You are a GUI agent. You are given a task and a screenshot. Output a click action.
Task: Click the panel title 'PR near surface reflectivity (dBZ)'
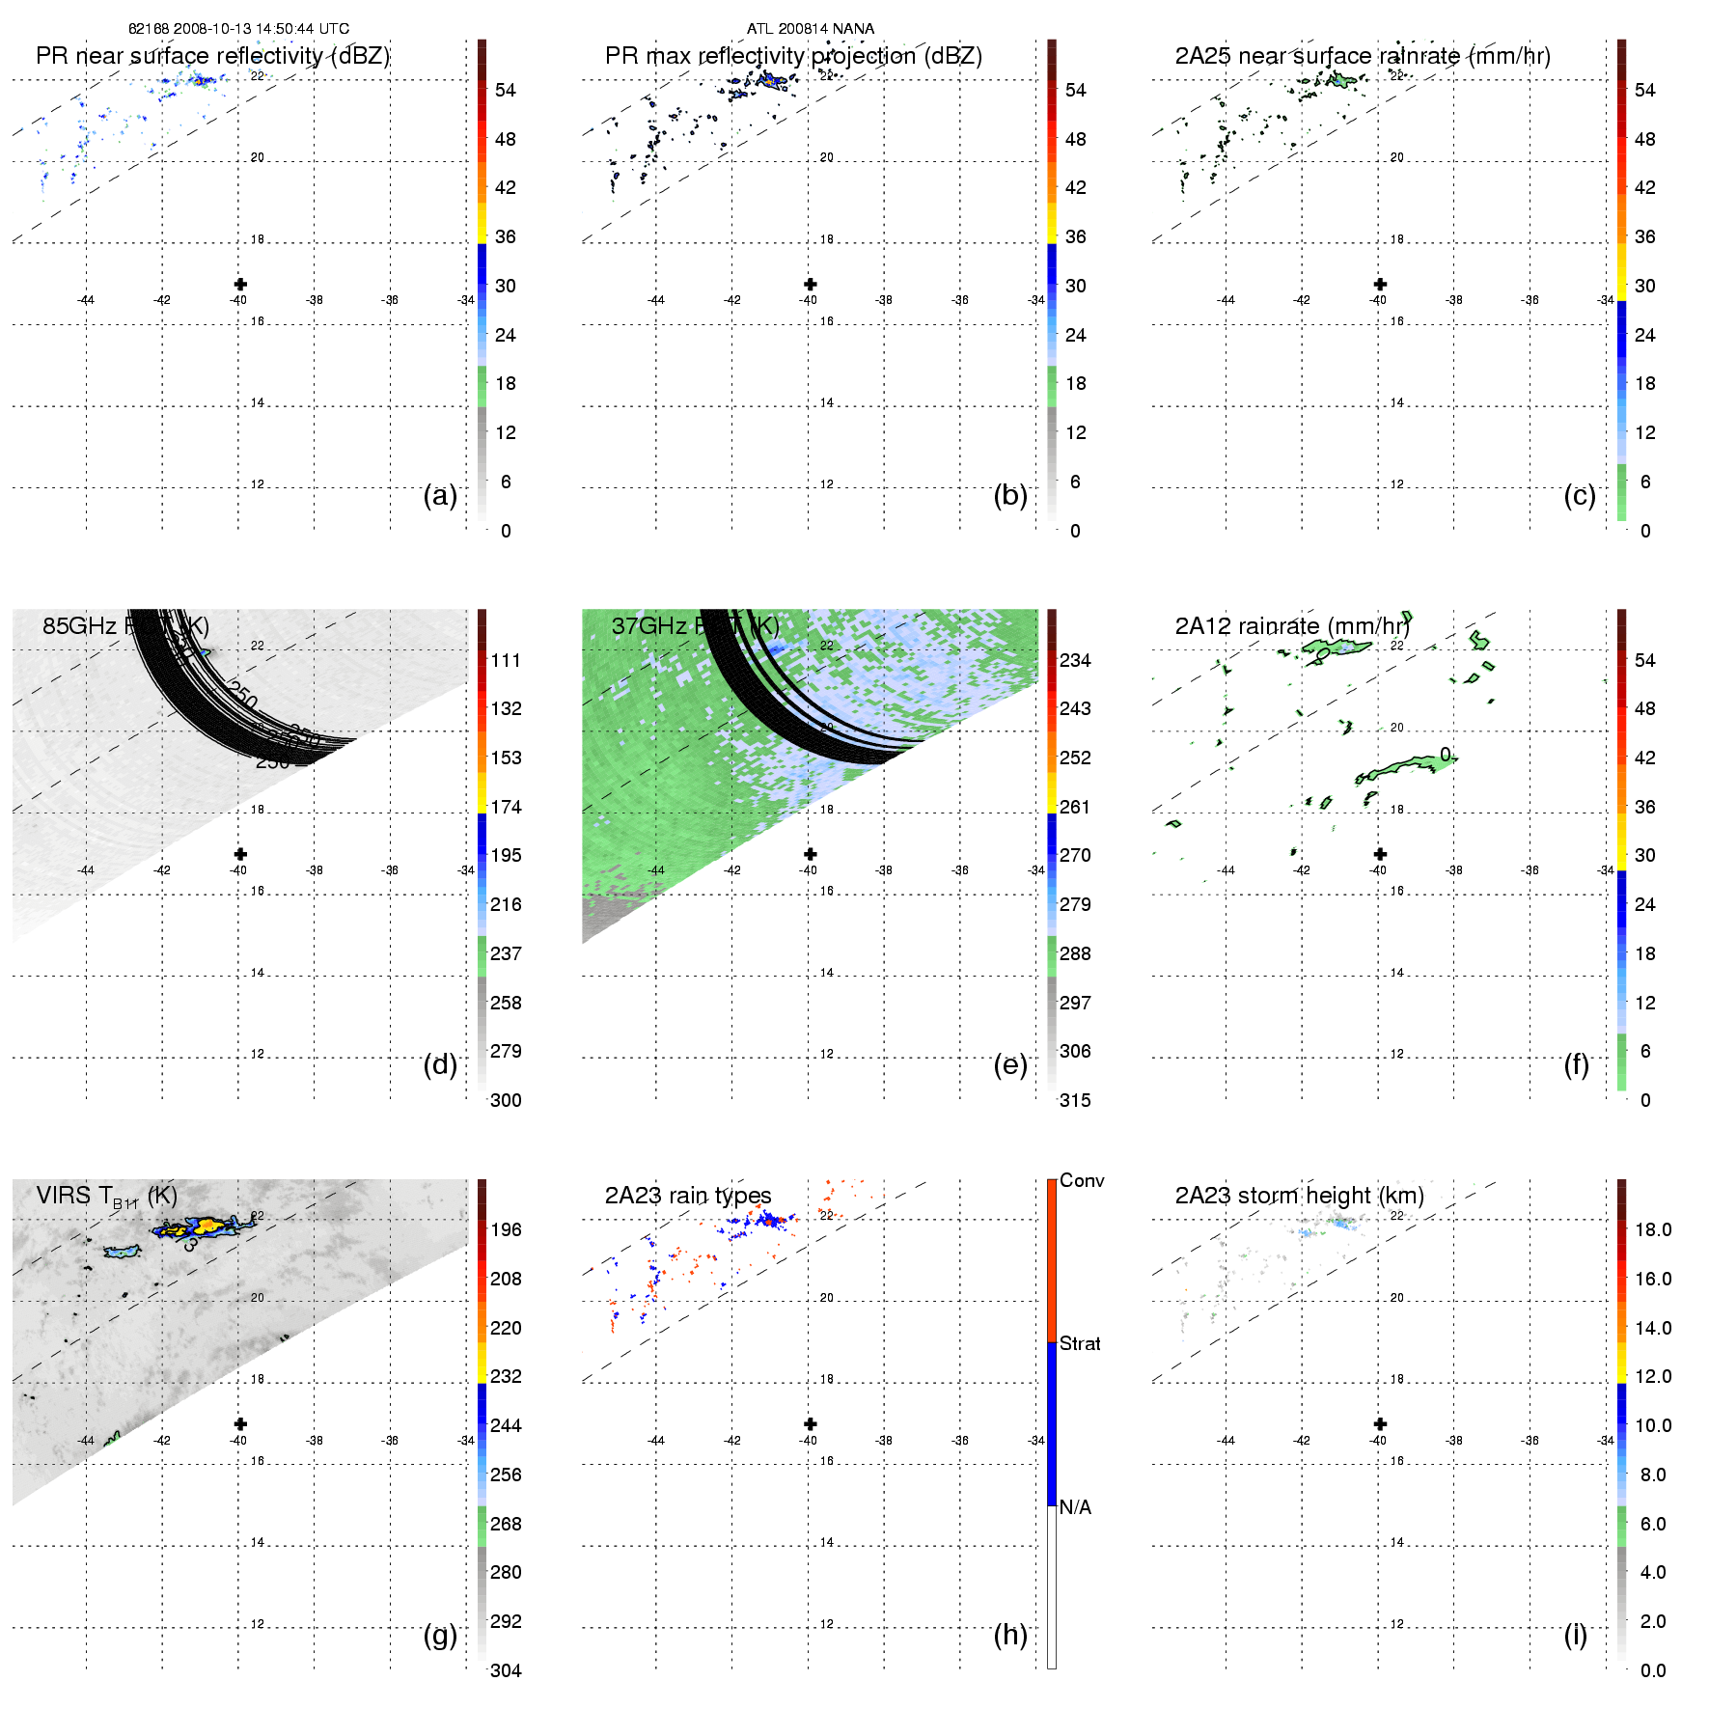pos(212,56)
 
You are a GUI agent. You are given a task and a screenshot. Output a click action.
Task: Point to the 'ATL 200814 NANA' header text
pos(811,29)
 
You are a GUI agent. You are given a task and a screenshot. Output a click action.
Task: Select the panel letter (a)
pos(440,495)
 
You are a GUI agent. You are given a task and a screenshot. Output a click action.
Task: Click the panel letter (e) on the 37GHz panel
pos(1010,1064)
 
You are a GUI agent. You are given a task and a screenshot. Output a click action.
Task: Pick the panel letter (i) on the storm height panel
pos(1576,1635)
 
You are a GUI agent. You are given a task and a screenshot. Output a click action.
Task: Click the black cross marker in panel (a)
pos(240,284)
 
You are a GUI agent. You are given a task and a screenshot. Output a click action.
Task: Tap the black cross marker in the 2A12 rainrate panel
pos(1380,854)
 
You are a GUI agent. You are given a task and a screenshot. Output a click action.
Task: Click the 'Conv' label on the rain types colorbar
pos(1082,1180)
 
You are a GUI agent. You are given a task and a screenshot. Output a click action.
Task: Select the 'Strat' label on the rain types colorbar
pos(1080,1343)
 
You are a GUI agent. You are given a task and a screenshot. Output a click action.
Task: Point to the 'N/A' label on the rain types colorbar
pos(1075,1507)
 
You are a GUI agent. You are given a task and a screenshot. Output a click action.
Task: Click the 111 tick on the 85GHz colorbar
pos(506,660)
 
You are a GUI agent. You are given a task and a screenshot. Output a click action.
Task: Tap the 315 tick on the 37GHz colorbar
pos(1075,1100)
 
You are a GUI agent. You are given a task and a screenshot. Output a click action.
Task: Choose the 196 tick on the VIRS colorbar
pos(506,1229)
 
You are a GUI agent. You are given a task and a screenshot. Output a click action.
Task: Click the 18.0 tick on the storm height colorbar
pos(1652,1229)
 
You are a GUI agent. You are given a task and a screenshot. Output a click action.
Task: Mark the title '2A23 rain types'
pos(688,1196)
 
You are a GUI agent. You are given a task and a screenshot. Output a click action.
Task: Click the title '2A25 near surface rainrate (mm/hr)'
pos(1363,56)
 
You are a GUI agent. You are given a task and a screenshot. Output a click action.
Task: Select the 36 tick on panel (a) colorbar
pos(505,236)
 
